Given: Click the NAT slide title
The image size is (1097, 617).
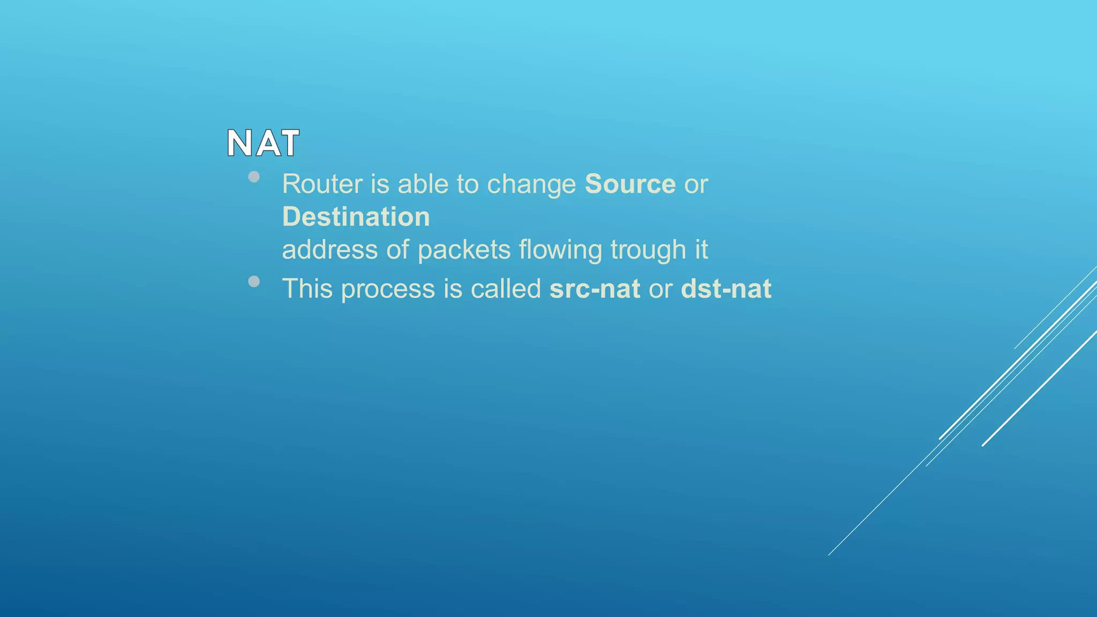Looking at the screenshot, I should [263, 144].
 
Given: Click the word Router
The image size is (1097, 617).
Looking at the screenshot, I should [322, 184].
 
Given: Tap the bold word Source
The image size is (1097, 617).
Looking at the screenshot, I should [630, 184].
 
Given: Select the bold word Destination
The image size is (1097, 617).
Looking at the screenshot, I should [356, 217].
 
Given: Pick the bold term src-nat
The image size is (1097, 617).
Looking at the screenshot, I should [595, 289].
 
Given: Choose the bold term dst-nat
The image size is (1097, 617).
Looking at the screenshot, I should [726, 289].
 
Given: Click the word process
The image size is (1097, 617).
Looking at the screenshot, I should [388, 290].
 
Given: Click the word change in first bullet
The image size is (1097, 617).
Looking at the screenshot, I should [531, 185].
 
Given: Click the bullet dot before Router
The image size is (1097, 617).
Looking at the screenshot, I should [254, 177].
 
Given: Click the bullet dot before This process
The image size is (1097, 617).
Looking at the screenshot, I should [254, 281].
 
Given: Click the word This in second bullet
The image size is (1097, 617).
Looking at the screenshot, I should [307, 289].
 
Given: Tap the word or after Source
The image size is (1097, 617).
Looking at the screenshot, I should [696, 185].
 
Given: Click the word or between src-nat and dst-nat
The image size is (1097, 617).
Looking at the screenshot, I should [660, 290].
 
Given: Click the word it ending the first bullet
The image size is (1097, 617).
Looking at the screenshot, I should [701, 250].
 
